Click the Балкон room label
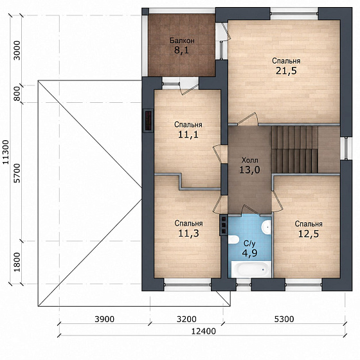pos(182,40)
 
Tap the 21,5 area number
pos(286,71)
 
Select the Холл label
pos(250,160)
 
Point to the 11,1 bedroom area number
pos(188,134)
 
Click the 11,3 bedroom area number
pos(189,233)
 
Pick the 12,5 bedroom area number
pos(309,234)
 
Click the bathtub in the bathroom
pos(251,269)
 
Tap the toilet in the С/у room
pos(233,239)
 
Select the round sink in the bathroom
pos(267,228)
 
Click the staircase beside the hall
pos(295,149)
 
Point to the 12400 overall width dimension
pos(204,331)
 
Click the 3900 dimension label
pos(104,319)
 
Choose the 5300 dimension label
pos(284,319)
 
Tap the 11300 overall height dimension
pos(6,152)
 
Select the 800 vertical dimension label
pos(17,94)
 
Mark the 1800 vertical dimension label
pos(17,262)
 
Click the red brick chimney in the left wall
pos(148,121)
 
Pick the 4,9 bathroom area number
pos(249,253)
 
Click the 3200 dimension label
pos(186,319)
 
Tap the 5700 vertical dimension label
pos(17,173)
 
